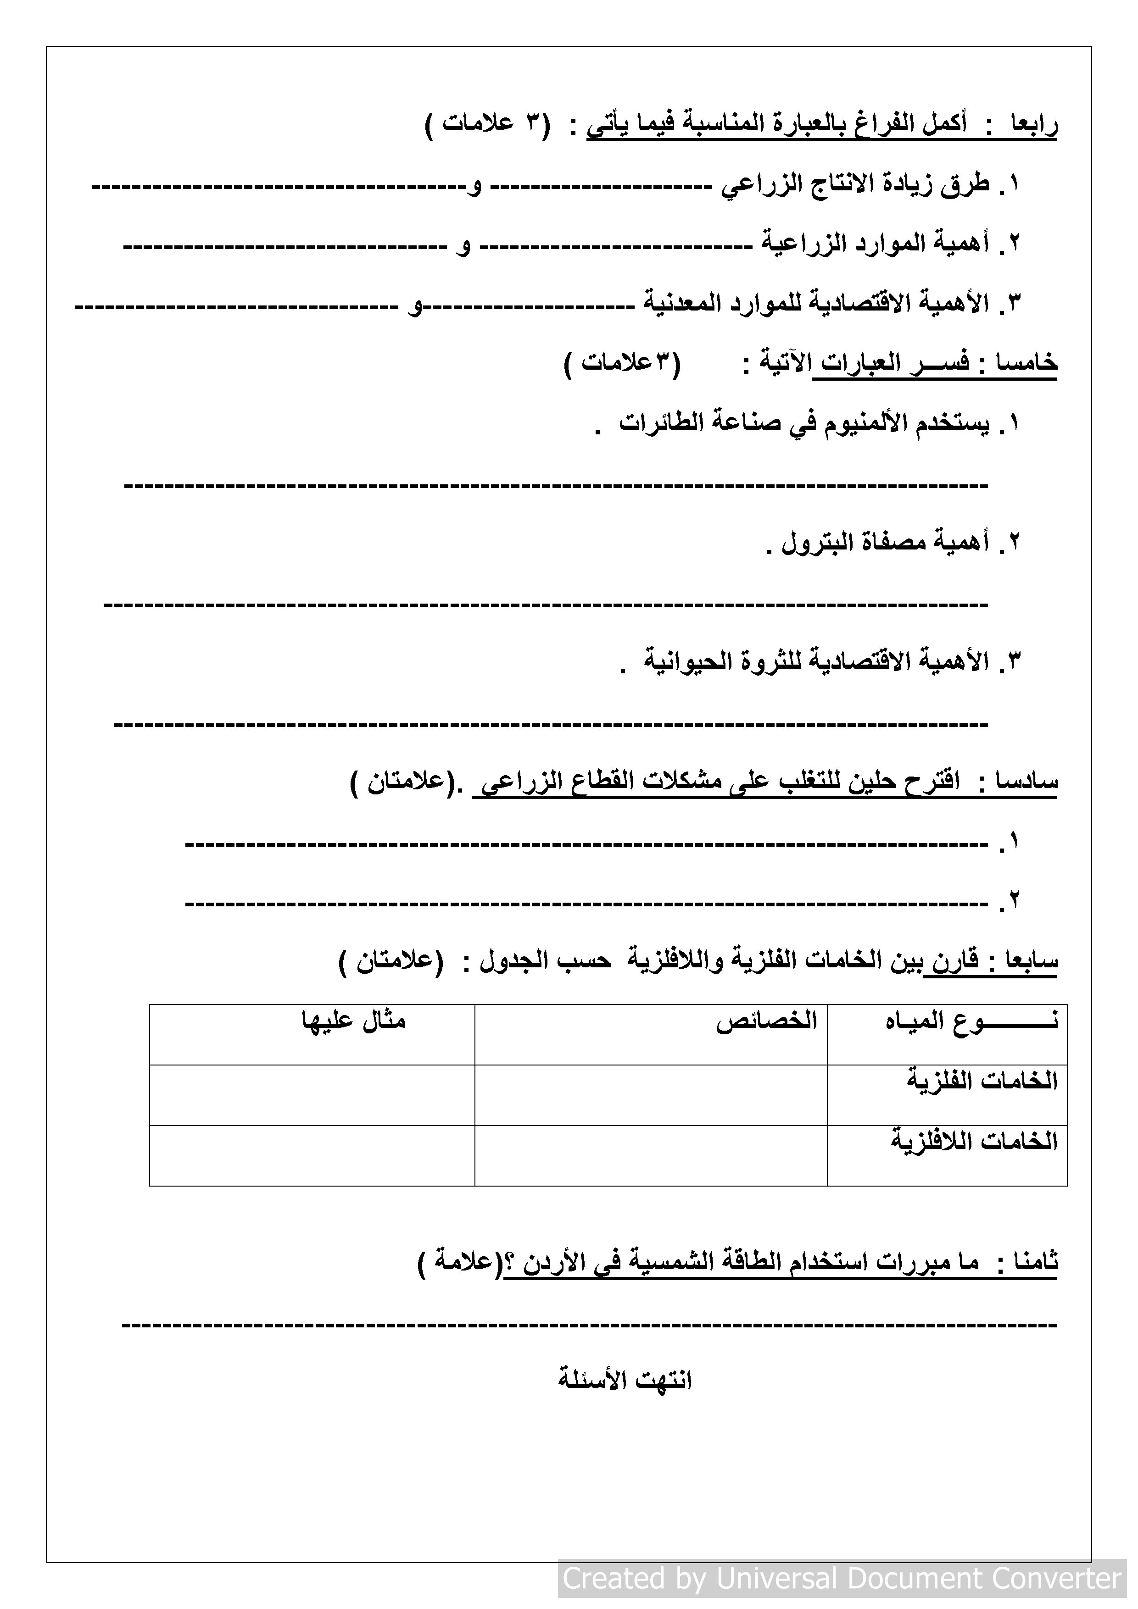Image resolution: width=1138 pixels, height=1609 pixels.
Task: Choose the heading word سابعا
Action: click(x=1032, y=961)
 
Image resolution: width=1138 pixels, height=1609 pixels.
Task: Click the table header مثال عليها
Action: click(x=354, y=1021)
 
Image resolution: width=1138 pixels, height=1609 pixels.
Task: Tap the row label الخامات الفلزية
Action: click(x=982, y=1081)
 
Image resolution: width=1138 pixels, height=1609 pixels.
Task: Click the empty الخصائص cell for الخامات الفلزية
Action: click(x=651, y=1095)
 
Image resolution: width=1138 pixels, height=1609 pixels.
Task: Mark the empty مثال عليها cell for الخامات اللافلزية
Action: click(x=312, y=1155)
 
